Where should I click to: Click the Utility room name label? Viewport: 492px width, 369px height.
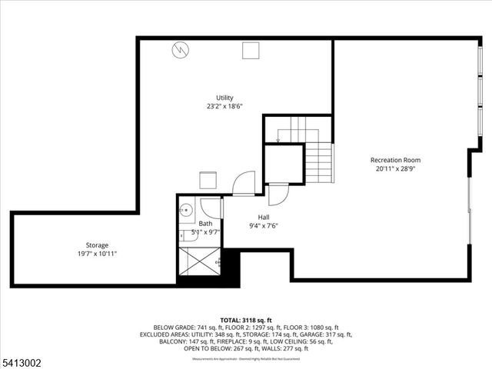coord(224,98)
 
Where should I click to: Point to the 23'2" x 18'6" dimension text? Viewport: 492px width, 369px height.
coord(224,108)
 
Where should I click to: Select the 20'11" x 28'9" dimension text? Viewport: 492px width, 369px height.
coord(397,168)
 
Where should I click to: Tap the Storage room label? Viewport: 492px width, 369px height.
coord(97,245)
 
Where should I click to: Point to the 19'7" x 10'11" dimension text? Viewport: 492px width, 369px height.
coord(97,254)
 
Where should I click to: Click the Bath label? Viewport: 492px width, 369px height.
coord(205,224)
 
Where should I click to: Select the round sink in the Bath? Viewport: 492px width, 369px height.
coord(185,209)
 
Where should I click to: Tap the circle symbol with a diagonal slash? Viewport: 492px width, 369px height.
coord(180,50)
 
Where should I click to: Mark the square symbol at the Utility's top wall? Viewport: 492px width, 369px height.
coord(251,50)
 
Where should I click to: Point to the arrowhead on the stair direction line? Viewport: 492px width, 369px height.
coord(278,140)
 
